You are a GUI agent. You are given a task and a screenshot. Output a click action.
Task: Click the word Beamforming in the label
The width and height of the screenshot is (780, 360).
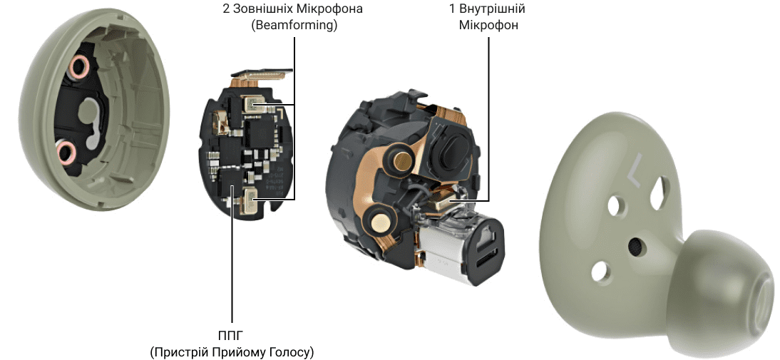pos(294,25)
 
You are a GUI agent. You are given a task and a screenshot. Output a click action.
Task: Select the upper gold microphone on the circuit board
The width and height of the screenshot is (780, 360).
pos(253,104)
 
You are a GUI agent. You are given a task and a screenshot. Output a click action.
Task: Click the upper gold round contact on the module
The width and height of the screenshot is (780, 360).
pos(401,160)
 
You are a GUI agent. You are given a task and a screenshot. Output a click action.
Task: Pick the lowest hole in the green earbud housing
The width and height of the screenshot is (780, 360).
pos(597,270)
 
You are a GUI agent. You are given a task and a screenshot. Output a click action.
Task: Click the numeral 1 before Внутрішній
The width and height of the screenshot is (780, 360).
pos(452,9)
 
